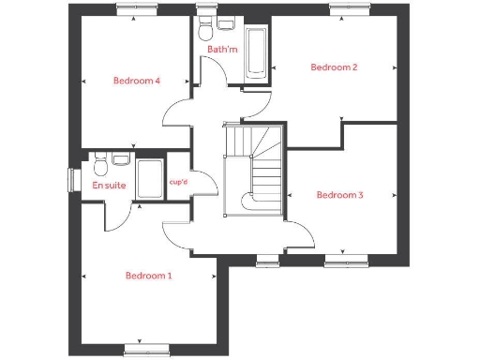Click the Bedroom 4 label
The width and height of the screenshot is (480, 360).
click(x=137, y=81)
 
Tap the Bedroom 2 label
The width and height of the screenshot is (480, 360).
click(x=335, y=67)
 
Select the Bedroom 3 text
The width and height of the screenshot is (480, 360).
click(x=339, y=195)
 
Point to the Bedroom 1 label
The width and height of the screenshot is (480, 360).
click(x=149, y=276)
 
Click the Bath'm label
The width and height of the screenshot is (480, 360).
click(x=221, y=48)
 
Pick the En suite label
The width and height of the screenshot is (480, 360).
click(x=109, y=186)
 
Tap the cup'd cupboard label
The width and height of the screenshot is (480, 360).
click(x=178, y=183)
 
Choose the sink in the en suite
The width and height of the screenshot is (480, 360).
click(x=120, y=160)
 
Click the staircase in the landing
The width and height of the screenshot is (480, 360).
click(x=256, y=169)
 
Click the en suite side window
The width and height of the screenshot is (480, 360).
click(x=72, y=178)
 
